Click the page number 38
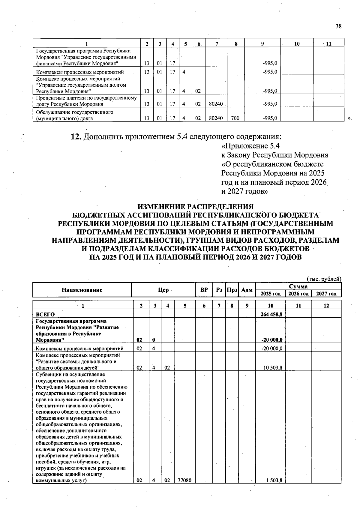coord(338,26)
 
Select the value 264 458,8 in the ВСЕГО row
coord(271,315)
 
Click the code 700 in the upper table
coord(235,118)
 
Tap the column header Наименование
coord(82,290)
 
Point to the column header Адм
coord(247,290)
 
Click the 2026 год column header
coord(298,294)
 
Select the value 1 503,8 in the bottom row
coord(274,480)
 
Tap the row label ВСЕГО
coord(45,315)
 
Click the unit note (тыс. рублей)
coord(324,279)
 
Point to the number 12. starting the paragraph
coord(76,137)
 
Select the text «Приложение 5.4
coord(250,146)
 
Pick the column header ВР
coord(204,290)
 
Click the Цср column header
coord(163,290)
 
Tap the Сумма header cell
coord(298,286)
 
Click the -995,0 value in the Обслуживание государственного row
coord(270,118)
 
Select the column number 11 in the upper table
coord(329,44)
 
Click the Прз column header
coord(232,290)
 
